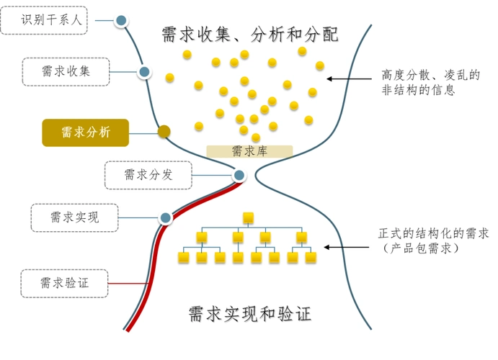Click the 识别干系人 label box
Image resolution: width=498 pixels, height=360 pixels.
coord(45,20)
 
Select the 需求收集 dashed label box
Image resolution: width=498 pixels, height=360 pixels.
coord(66,71)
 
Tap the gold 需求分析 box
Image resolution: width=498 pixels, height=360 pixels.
coord(85,132)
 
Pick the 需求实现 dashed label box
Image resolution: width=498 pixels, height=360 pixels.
coord(75,217)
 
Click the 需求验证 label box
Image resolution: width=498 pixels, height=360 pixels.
coord(65,283)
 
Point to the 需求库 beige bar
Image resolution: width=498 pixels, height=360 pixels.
coord(249,151)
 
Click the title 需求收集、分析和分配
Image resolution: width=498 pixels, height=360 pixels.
coord(250,34)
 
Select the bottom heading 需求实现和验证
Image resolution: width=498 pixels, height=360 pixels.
coord(250,315)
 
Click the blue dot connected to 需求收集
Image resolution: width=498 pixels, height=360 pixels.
coord(144,71)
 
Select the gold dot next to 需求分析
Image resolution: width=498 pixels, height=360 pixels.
coord(164,132)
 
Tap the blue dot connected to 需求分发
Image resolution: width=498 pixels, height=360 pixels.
coord(239,175)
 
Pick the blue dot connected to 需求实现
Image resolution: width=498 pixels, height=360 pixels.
coord(166,217)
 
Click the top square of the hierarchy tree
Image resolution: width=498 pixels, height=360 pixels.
coord(249,217)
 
